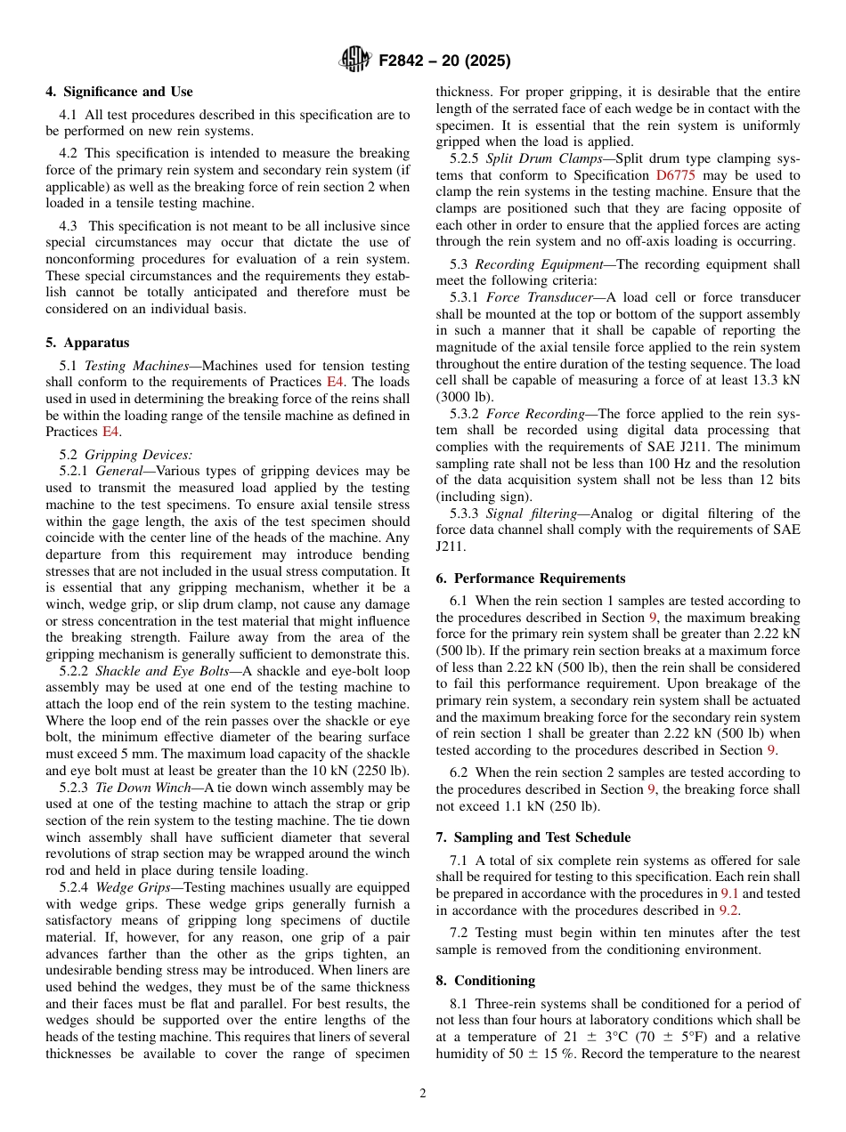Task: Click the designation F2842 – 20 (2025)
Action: click(x=443, y=61)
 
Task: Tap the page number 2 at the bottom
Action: click(x=423, y=1094)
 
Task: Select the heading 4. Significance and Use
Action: click(x=118, y=92)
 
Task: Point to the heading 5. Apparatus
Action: click(x=87, y=343)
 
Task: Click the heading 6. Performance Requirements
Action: click(x=531, y=578)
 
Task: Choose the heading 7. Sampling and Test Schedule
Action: click(x=533, y=837)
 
